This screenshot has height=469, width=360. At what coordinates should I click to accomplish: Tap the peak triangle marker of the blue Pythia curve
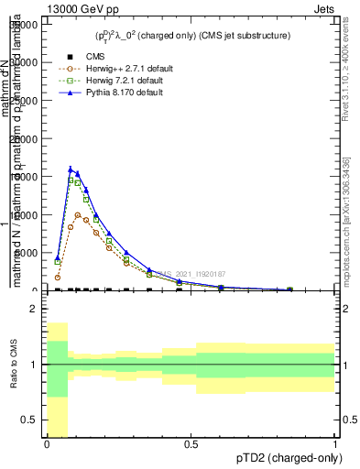(x=71, y=169)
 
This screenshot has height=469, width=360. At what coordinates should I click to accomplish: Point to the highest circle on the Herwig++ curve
(x=78, y=215)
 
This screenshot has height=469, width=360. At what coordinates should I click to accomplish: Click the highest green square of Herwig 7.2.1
(x=71, y=180)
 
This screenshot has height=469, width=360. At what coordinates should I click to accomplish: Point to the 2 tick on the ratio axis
(x=33, y=309)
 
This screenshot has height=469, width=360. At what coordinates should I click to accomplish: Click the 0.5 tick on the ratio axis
(x=29, y=420)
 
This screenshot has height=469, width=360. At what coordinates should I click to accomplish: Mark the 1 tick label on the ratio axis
(x=33, y=365)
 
